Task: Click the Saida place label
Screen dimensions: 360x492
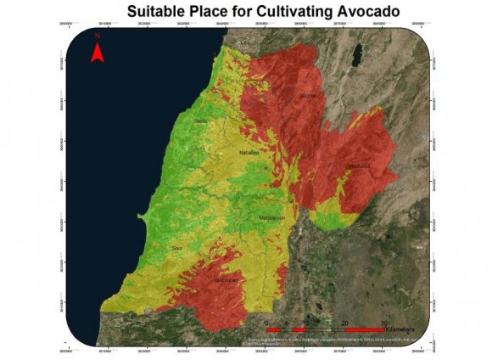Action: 201,121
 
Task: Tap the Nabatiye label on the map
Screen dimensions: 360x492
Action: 248,153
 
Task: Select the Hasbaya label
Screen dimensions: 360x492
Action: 360,166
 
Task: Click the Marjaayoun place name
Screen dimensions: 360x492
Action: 271,218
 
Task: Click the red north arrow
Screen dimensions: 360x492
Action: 98,53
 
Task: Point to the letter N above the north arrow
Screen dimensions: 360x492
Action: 98,37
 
